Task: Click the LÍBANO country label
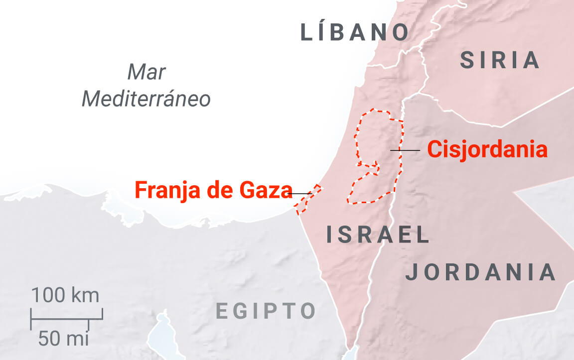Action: [354, 33]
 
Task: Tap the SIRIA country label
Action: [500, 60]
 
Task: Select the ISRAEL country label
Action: [378, 235]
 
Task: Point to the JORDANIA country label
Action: [480, 272]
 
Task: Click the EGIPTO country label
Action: [266, 311]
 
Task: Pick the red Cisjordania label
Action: [487, 149]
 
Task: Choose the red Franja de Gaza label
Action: [213, 190]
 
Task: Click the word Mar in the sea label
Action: [146, 73]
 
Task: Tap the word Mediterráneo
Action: [146, 99]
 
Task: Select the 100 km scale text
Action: [65, 295]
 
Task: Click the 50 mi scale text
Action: [63, 339]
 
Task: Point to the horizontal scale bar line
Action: [66, 317]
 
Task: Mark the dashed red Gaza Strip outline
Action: [307, 200]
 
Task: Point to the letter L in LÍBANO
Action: [306, 33]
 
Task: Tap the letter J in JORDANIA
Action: [411, 272]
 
